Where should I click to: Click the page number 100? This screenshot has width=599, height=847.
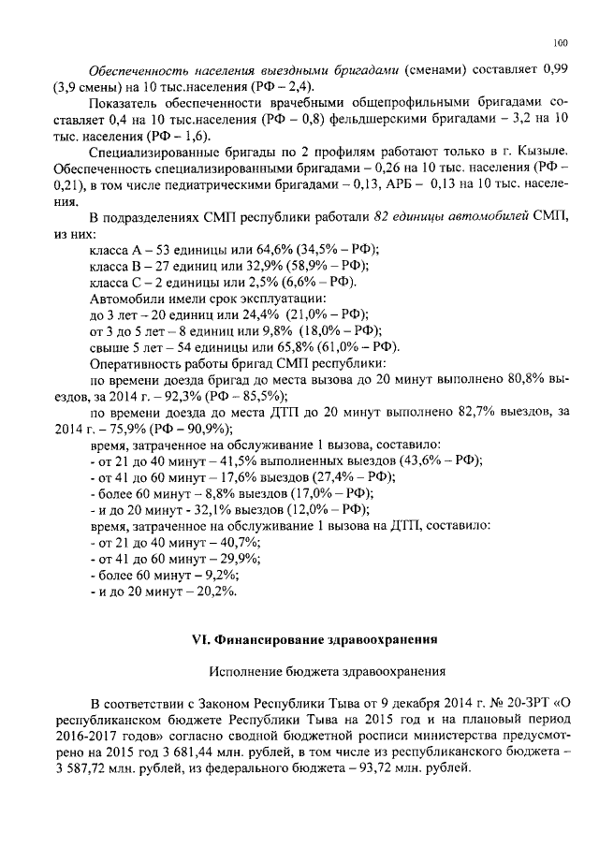561,42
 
